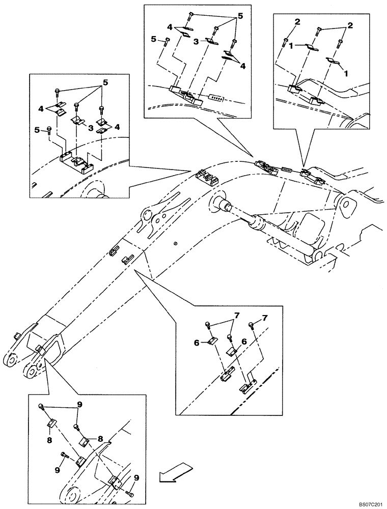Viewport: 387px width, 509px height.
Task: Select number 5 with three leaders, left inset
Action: [105, 82]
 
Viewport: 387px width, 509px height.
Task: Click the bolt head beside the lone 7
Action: [251, 324]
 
